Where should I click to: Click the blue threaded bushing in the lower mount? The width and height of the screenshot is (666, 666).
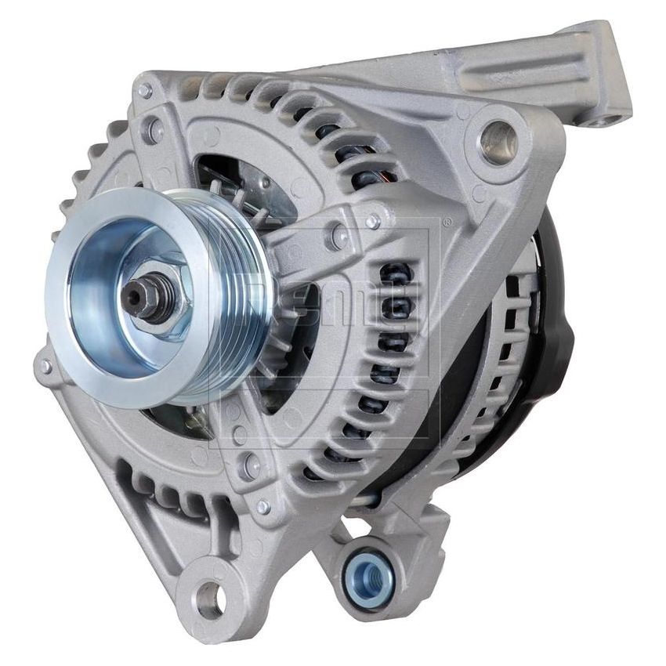(370, 578)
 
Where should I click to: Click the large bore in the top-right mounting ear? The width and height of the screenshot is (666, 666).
(499, 141)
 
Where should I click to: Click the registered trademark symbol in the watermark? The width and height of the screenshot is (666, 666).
(447, 223)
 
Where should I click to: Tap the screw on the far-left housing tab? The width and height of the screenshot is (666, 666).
(45, 366)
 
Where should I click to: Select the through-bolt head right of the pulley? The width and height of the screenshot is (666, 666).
(340, 234)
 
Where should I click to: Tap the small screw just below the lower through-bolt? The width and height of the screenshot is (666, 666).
(263, 507)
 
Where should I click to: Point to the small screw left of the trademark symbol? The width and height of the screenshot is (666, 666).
(373, 221)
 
